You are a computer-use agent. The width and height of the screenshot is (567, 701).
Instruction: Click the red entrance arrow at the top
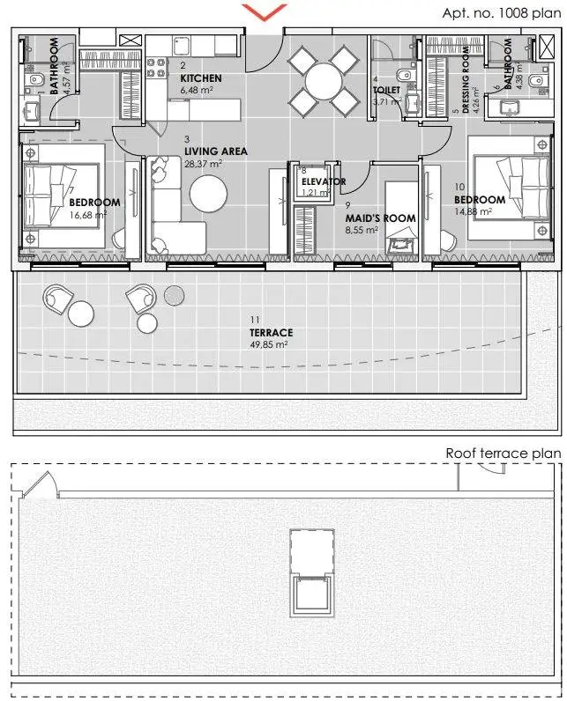(x=265, y=12)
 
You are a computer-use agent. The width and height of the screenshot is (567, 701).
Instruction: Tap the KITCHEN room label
(x=201, y=78)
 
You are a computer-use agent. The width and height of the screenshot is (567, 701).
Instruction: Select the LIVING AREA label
(x=216, y=151)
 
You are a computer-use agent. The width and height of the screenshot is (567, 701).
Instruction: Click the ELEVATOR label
(x=323, y=181)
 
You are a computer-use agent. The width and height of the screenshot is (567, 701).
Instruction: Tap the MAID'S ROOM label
(x=380, y=218)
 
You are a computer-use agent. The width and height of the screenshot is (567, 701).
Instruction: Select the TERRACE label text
(x=272, y=333)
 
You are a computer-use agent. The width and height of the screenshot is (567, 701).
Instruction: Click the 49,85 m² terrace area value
(x=268, y=344)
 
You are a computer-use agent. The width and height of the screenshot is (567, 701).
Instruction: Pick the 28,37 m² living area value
(x=203, y=164)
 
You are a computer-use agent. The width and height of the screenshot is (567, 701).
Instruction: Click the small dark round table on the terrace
(x=174, y=295)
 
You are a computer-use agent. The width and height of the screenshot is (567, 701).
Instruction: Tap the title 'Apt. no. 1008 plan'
(x=502, y=13)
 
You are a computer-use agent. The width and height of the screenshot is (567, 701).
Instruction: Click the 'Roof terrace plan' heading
(x=504, y=454)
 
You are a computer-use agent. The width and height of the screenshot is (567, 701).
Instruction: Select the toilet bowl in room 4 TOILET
(x=406, y=74)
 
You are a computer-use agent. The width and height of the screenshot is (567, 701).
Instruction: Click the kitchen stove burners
(x=157, y=68)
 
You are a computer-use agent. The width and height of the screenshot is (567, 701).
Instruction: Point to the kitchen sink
(x=183, y=45)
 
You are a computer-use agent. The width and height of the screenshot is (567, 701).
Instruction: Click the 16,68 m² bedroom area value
(x=88, y=215)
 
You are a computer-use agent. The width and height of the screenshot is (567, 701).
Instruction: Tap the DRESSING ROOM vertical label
(x=466, y=80)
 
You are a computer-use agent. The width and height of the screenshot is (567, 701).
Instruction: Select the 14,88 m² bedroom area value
(x=474, y=212)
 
